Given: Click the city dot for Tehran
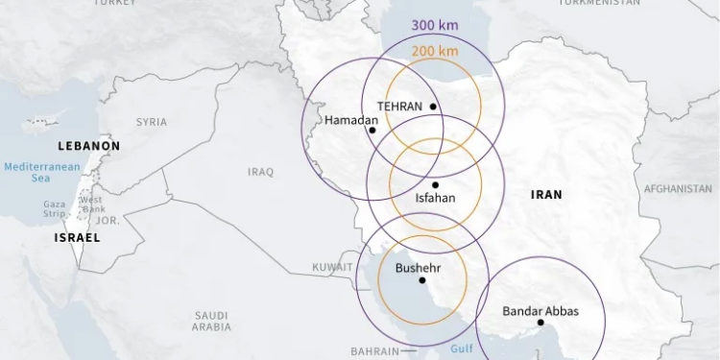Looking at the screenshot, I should pos(434,107).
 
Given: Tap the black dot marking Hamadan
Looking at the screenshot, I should pos(372,130).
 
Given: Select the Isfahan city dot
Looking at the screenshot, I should pos(435,184).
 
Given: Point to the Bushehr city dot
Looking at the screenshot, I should pos(422,280).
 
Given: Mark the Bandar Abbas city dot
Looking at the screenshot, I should pos(541,323).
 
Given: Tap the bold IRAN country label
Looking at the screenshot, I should pos(546,194).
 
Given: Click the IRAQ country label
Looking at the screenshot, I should pos(260,172).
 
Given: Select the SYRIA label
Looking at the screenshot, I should pos(151,122).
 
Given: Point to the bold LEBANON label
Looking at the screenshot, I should pos(89,146).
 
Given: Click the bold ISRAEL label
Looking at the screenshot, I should pos(77,236).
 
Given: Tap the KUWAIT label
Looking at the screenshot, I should pos(332,267).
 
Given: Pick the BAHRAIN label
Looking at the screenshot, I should pos(374,351).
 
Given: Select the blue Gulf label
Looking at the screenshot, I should pos(462,351).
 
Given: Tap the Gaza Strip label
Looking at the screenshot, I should pos(54,208).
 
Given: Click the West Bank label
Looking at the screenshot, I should pos(91,204).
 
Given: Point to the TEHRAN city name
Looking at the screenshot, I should pos(399,107).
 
